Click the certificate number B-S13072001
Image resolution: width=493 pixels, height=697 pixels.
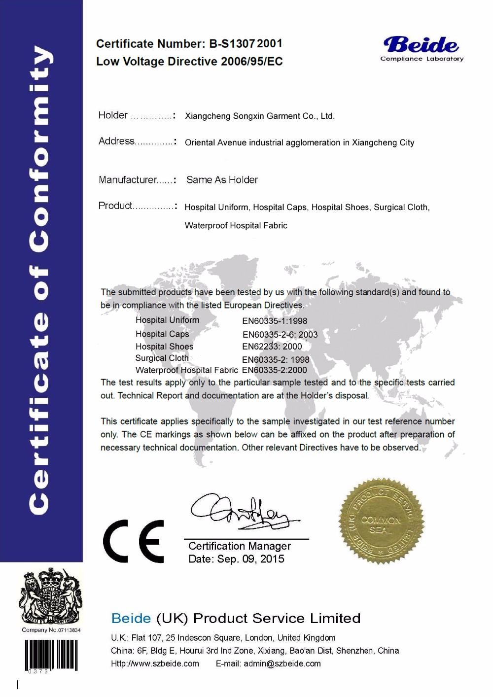[246, 44]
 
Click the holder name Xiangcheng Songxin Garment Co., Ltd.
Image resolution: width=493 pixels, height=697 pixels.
[259, 116]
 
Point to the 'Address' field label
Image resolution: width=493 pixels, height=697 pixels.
[116, 141]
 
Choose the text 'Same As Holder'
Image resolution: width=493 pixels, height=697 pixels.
[222, 180]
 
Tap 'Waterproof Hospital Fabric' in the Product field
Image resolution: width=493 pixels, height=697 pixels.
[236, 226]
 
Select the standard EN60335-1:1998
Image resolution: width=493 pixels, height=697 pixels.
[275, 321]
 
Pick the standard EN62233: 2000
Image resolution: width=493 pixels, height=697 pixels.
[272, 347]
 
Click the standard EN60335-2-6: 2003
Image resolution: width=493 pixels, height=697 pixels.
[280, 335]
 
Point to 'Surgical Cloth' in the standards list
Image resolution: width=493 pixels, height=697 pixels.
[162, 358]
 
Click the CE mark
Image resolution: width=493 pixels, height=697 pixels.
[134, 541]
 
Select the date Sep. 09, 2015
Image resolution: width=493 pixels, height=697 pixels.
[251, 559]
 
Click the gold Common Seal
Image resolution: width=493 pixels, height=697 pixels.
[382, 521]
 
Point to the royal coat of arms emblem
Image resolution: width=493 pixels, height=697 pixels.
[50, 596]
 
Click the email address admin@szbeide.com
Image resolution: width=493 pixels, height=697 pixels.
[282, 664]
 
